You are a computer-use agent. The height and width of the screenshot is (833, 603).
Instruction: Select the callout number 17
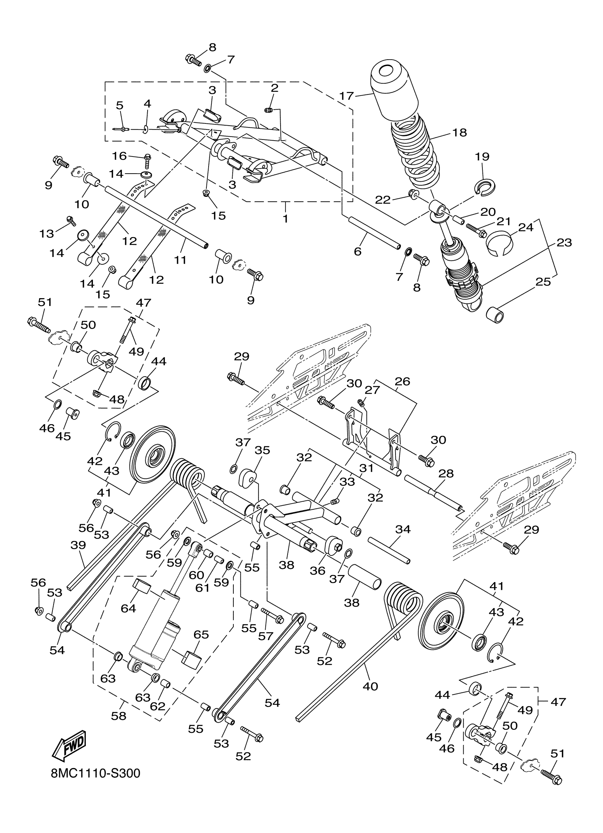(x=346, y=96)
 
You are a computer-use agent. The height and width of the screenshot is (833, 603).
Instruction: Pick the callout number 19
(x=482, y=157)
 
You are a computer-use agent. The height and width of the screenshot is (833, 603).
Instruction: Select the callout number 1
(x=286, y=219)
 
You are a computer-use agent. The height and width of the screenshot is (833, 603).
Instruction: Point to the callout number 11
(x=180, y=260)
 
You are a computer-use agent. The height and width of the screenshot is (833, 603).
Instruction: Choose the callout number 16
(x=119, y=156)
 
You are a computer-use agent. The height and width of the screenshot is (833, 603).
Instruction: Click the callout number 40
(x=370, y=686)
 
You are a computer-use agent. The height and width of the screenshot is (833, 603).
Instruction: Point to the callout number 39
(x=78, y=545)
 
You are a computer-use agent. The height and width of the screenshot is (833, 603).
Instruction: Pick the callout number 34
(x=403, y=529)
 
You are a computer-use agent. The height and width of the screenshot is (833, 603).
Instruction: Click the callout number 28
(x=446, y=473)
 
